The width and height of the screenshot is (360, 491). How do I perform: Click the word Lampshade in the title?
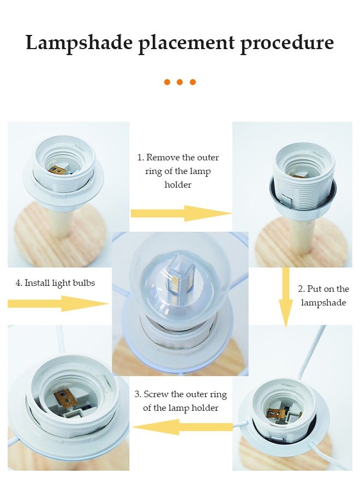coord(79,43)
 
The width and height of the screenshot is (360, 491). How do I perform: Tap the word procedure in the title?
coord(287,43)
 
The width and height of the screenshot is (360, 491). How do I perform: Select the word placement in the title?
coord(186,43)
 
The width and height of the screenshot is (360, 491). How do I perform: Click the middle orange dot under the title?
coord(179,82)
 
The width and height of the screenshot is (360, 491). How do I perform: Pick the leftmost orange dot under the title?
coord(167,82)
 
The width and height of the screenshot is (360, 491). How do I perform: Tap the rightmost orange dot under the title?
coord(193,82)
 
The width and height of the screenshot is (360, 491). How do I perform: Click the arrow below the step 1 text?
coord(181,213)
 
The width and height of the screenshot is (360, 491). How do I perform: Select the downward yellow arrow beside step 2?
coord(285,297)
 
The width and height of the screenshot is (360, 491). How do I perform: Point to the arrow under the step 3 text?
coord(182,427)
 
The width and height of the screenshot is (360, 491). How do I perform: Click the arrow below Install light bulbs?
coord(58,303)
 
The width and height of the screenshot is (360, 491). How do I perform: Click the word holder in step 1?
coord(178,184)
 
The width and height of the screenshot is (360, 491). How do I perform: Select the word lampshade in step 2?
coord(323,303)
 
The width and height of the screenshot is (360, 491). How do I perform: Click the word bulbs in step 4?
coord(83,283)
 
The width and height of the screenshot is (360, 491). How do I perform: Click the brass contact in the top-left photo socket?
coord(58,170)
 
